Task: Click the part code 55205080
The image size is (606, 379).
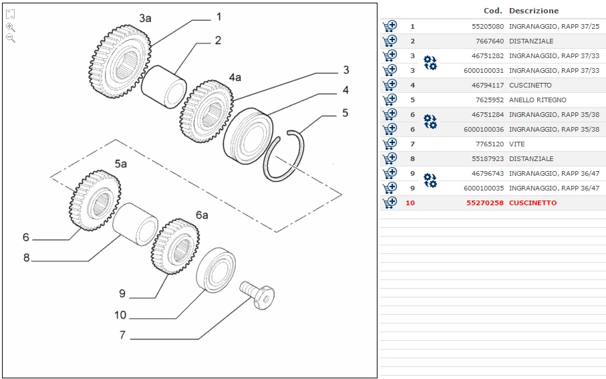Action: [487, 26]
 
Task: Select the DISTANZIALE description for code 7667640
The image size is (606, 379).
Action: [531, 41]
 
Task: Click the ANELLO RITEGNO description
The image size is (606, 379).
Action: [537, 100]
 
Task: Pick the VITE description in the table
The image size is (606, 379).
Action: [516, 144]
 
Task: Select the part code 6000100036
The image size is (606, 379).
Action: [483, 129]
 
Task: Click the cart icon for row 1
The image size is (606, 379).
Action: [390, 26]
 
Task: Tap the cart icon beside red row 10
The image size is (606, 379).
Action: [390, 203]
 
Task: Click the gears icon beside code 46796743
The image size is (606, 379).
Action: [430, 180]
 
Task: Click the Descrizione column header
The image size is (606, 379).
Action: [533, 11]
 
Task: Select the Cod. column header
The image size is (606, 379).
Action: [492, 11]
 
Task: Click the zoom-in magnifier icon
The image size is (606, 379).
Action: [11, 27]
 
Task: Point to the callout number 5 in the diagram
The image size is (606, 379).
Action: [345, 113]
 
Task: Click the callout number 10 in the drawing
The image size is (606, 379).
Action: [120, 315]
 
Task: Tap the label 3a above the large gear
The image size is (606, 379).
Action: [145, 18]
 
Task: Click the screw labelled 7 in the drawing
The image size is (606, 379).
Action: [257, 295]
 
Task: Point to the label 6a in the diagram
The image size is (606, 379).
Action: [202, 215]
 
